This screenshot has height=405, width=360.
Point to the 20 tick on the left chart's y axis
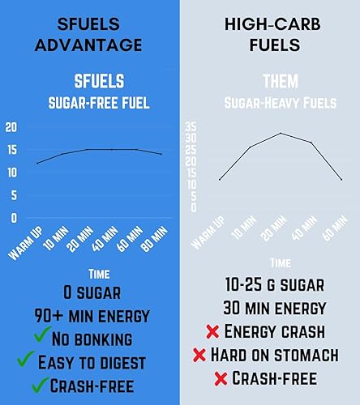pyautogui.click(x=11, y=127)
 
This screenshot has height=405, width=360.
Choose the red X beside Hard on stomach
pyautogui.click(x=199, y=355)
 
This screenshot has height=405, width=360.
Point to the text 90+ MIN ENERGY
pyautogui.click(x=90, y=314)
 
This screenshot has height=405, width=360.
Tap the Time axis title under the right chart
pyautogui.click(x=280, y=263)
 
